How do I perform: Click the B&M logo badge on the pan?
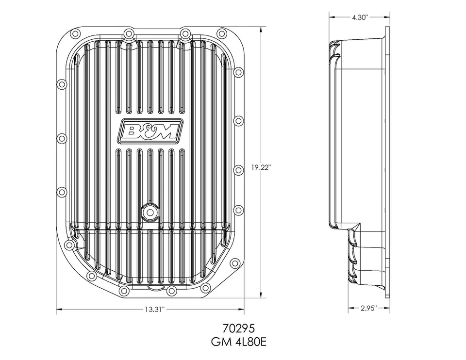pyautogui.click(x=150, y=131)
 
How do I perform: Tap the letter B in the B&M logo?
pyautogui.click(x=132, y=131)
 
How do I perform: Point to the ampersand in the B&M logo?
pyautogui.click(x=149, y=131)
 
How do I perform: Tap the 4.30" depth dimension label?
pyautogui.click(x=360, y=17)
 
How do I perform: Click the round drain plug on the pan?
pyautogui.click(x=150, y=212)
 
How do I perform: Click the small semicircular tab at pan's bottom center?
pyautogui.click(x=150, y=287)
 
